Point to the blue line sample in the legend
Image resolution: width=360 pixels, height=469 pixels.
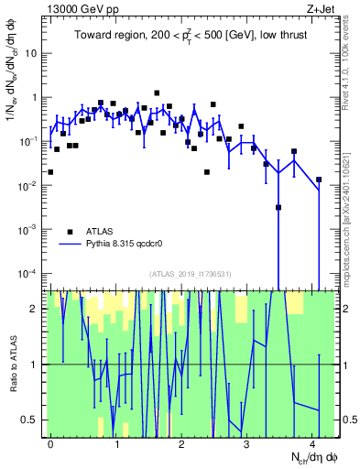(x=71, y=245)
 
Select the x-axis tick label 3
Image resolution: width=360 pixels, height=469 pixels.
(x=247, y=443)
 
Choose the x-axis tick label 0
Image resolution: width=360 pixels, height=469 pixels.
(x=50, y=443)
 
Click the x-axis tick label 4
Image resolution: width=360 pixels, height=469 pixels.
(x=312, y=443)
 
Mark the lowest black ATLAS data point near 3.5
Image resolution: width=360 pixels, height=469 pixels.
(x=278, y=207)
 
